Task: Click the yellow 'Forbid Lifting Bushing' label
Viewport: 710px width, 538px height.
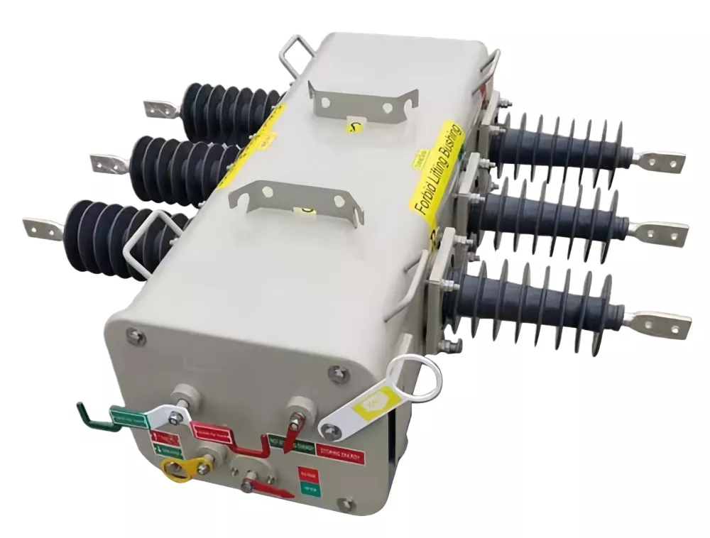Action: [435, 173]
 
